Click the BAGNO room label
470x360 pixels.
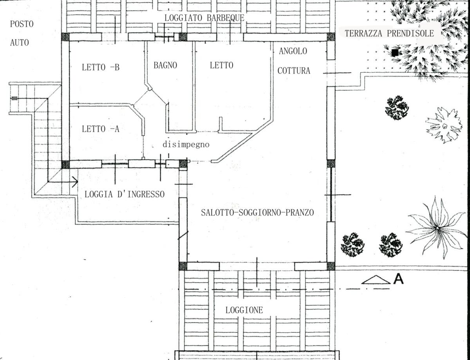tap(165, 65)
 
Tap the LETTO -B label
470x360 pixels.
tap(101, 67)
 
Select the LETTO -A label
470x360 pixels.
tap(100, 129)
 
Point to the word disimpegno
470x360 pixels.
tap(186, 145)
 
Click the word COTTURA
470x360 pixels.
tap(294, 71)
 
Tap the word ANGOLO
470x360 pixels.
tap(293, 51)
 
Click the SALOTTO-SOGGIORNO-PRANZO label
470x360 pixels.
tap(257, 213)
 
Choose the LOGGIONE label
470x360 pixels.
tap(244, 310)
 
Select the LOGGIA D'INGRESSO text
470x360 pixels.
tap(125, 194)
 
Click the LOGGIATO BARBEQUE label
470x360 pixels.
tap(204, 18)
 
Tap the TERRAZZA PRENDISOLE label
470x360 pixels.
tap(389, 34)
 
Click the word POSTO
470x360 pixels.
tap(22, 24)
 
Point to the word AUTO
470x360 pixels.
tap(20, 43)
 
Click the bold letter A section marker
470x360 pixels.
tap(398, 279)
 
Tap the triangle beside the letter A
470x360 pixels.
tap(376, 280)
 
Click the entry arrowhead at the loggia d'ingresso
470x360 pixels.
tap(75, 182)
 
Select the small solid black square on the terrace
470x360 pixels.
tap(395, 52)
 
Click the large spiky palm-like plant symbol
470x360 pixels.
tap(437, 228)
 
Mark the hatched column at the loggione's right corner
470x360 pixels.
tap(331, 266)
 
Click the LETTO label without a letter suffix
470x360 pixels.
tap(221, 65)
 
